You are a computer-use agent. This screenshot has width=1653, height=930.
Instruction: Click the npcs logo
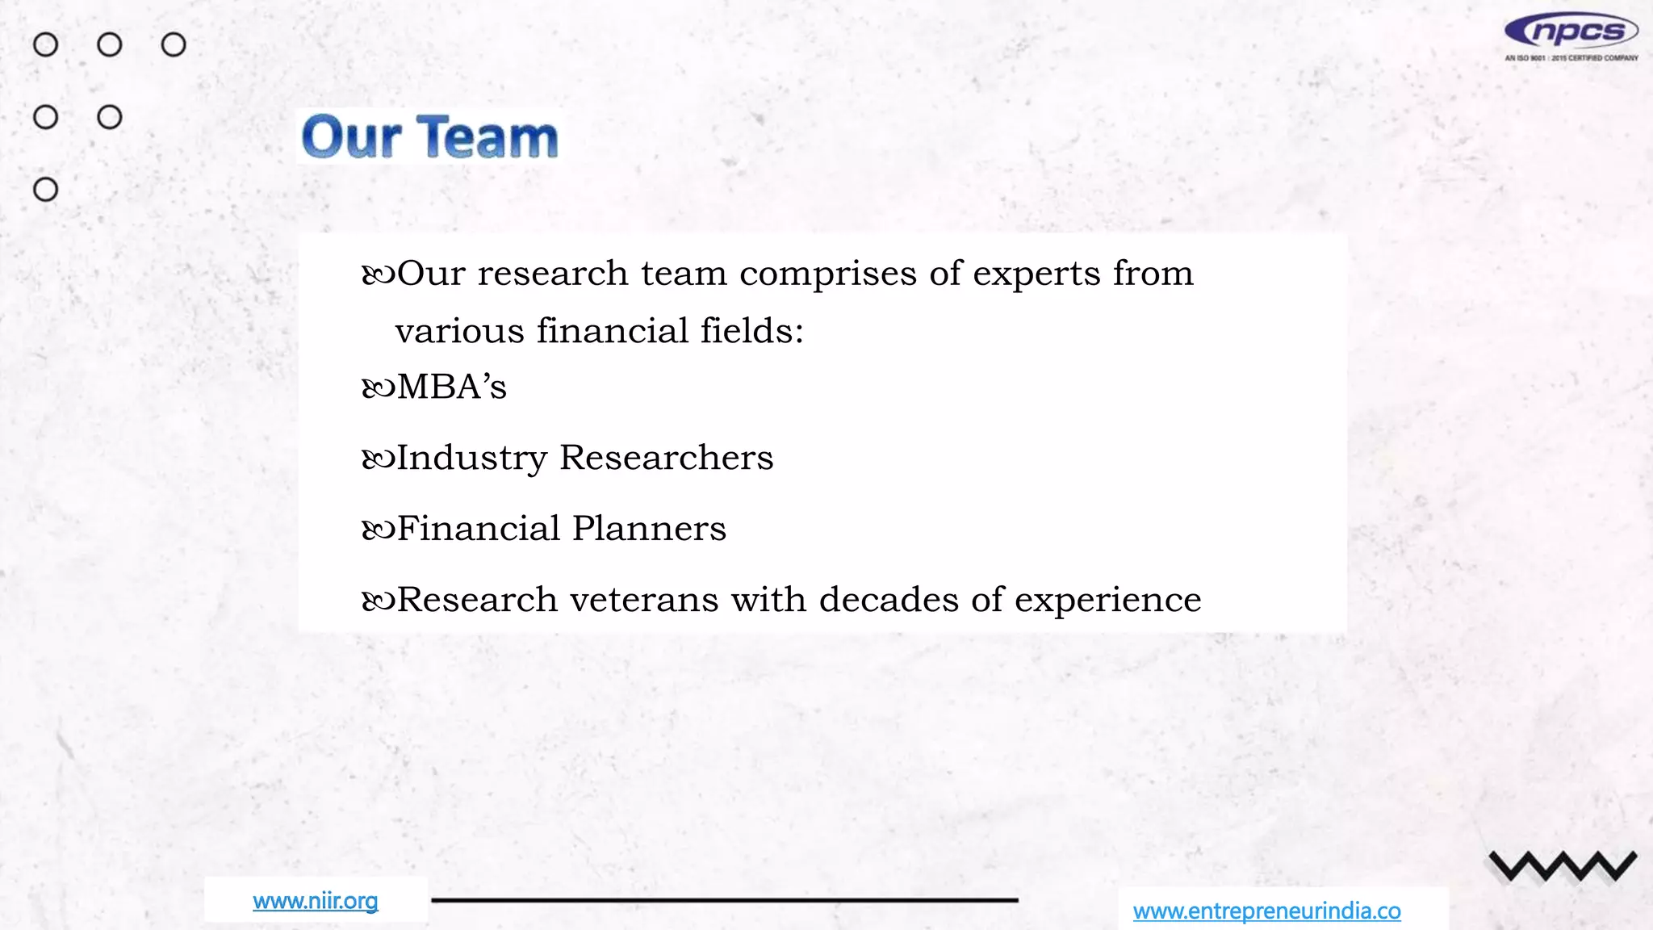1571,35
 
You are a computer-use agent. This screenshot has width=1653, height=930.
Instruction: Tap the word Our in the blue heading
351,137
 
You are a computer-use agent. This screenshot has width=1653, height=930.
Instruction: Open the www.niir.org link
316,901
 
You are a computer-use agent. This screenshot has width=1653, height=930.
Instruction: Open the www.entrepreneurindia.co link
1266,911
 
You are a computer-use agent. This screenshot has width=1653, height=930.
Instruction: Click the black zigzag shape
1563,866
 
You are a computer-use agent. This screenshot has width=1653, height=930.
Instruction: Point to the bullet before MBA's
378,389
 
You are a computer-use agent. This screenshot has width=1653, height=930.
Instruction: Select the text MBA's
452,387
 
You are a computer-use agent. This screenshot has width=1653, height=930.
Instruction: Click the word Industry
472,459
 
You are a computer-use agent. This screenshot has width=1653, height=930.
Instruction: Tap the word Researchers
667,458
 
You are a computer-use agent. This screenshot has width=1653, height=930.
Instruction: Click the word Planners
650,529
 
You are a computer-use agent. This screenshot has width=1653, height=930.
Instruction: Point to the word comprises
828,274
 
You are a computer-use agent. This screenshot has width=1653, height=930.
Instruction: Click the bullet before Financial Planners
378,530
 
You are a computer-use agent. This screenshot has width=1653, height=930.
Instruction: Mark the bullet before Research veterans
378,601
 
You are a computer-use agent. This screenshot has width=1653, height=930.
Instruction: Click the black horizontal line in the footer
724,899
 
